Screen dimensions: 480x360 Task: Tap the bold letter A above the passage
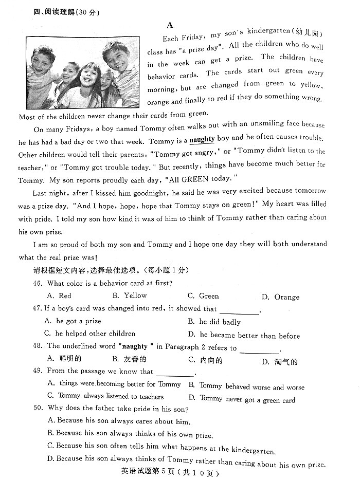pyautogui.click(x=170, y=25)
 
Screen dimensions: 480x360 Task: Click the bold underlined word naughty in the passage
pyautogui.click(x=202, y=139)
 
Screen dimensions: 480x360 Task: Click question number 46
pyautogui.click(x=38, y=283)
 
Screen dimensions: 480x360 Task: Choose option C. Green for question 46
pyautogui.click(x=203, y=296)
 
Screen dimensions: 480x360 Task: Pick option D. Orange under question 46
pyautogui.click(x=280, y=297)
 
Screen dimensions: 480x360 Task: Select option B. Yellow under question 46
pyautogui.click(x=130, y=296)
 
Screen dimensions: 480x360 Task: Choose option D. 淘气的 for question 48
pyautogui.click(x=280, y=362)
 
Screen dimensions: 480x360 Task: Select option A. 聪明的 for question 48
pyautogui.click(x=64, y=359)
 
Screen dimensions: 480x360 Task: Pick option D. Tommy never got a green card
pyautogui.click(x=242, y=399)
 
